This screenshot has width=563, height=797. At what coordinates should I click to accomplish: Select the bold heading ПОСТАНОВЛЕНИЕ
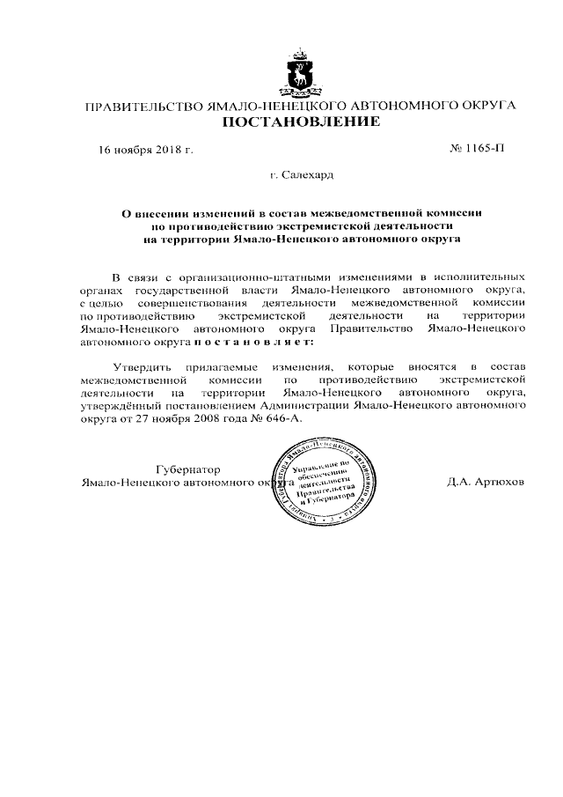(x=299, y=122)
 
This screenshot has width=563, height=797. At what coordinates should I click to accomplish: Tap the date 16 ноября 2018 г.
(x=145, y=149)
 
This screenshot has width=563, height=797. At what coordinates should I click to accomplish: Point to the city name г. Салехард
(x=299, y=175)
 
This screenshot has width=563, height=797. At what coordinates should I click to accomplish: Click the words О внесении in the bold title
(x=153, y=212)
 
